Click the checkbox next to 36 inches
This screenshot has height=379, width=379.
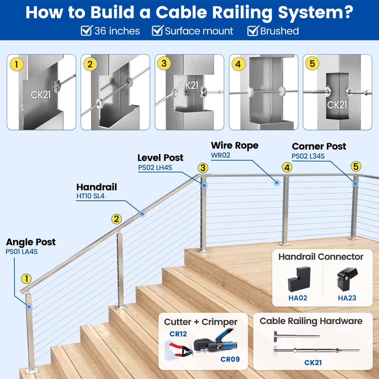[86, 31]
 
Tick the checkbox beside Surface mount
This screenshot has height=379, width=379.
[157, 31]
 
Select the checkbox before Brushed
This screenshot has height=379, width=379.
[253, 31]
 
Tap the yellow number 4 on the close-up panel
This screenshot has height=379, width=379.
[238, 63]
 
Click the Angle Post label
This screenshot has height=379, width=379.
[30, 242]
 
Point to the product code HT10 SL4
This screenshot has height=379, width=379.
[90, 196]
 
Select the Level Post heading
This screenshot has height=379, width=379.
[160, 158]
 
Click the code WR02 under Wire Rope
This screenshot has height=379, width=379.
[221, 155]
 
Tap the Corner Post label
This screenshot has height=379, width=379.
[319, 146]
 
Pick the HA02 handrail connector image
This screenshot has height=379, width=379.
[298, 280]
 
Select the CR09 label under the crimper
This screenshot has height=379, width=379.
[230, 359]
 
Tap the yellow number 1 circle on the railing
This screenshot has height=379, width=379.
[27, 279]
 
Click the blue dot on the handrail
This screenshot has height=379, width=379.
[142, 214]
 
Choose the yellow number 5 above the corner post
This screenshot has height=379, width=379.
[356, 166]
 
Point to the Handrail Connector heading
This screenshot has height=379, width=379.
[321, 257]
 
